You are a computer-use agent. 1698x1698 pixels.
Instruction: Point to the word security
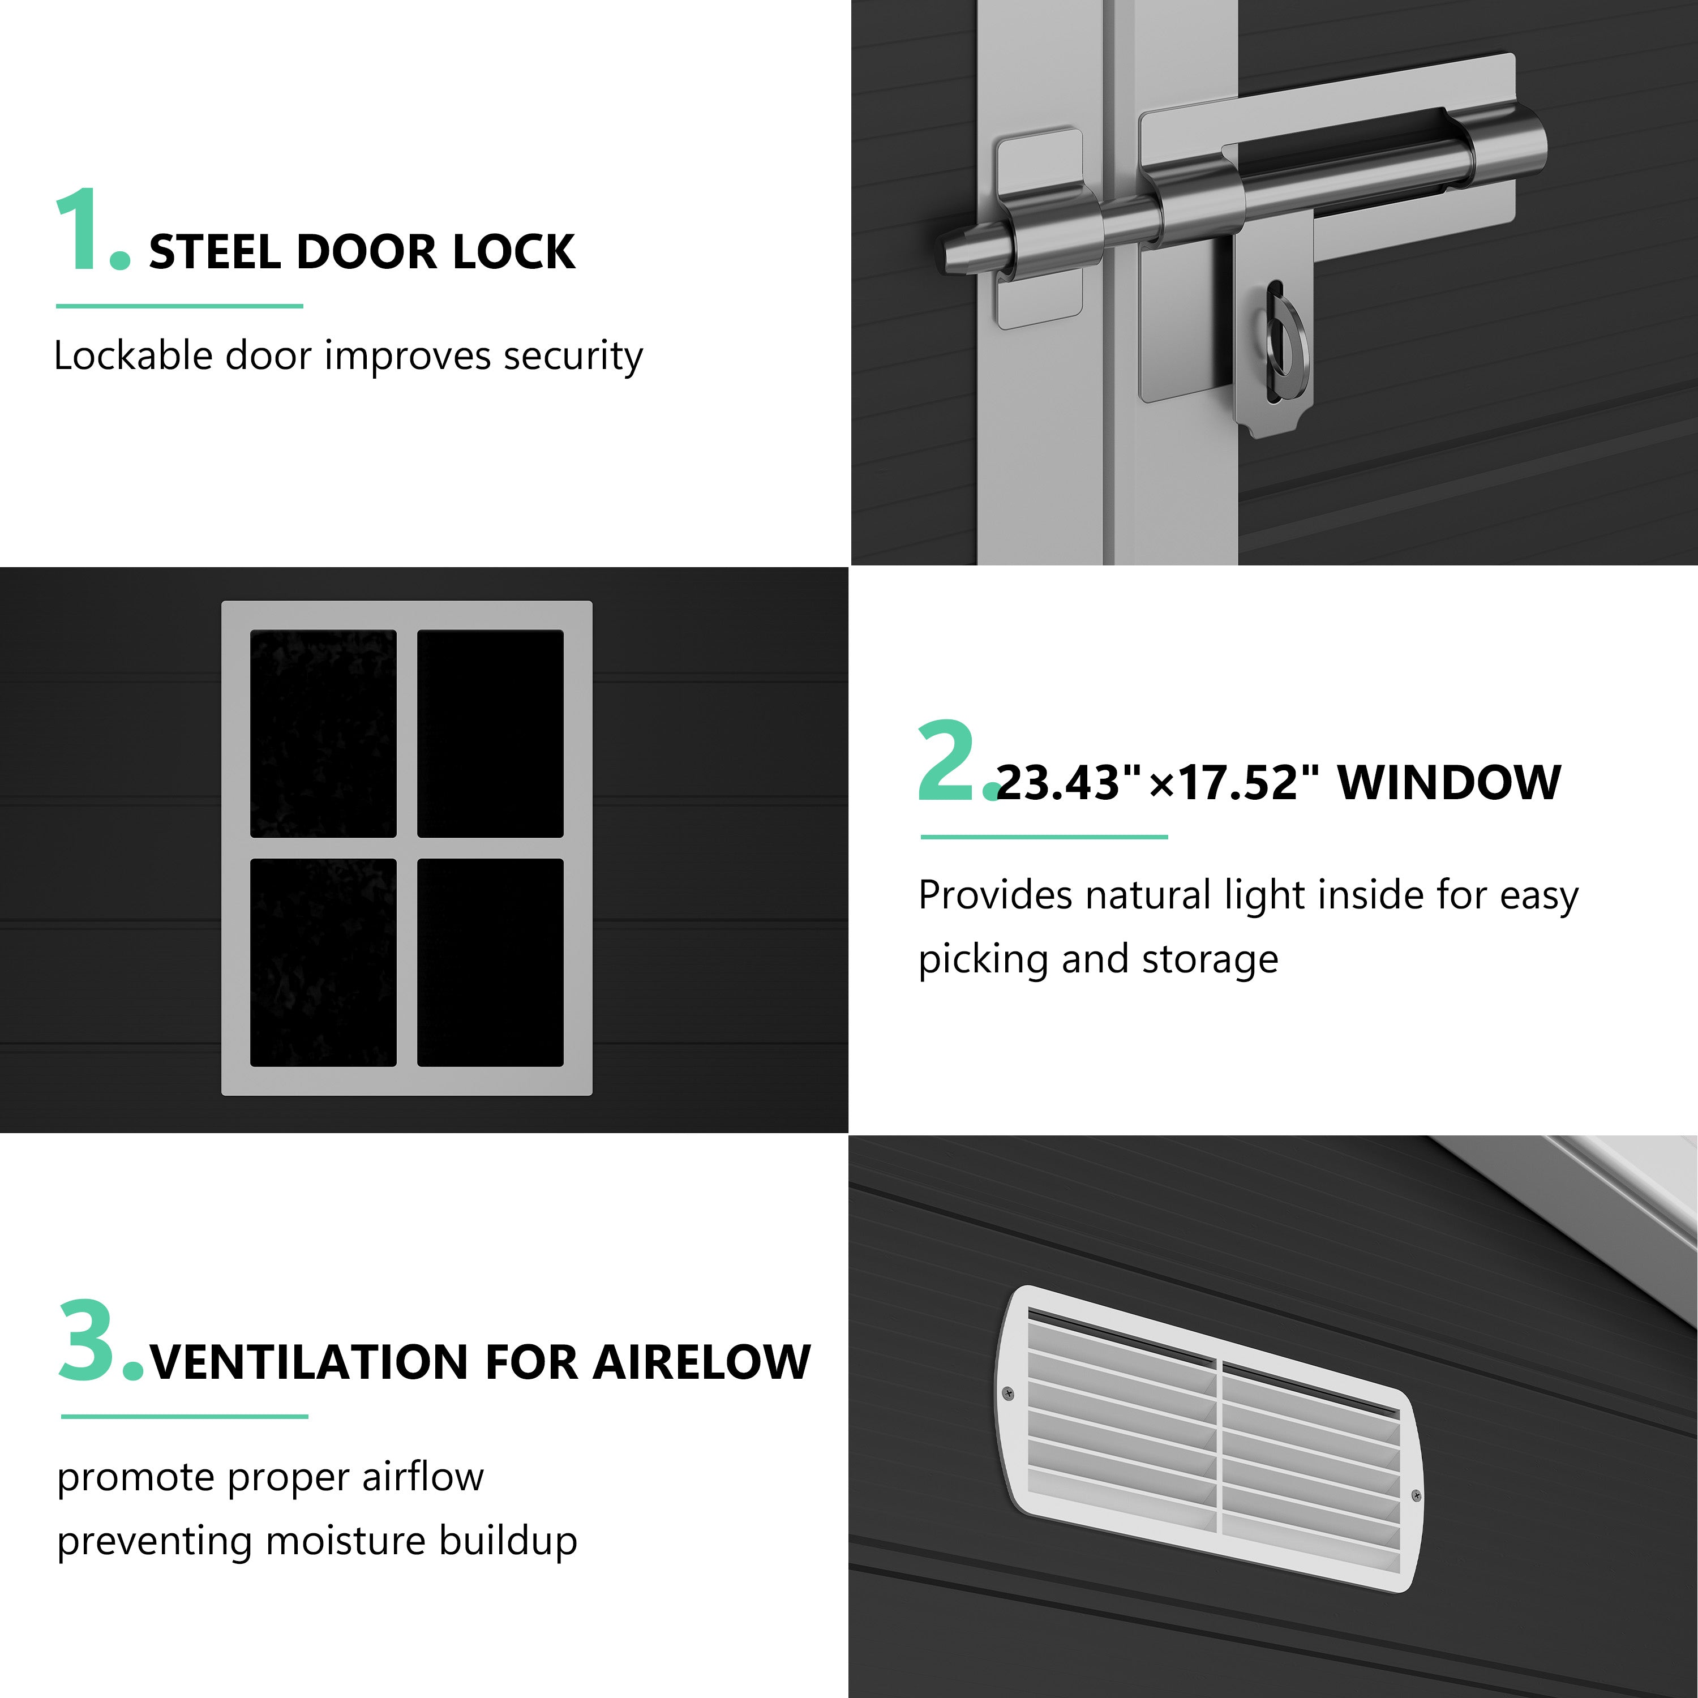point(573,357)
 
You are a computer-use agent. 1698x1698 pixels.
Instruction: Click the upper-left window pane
point(323,734)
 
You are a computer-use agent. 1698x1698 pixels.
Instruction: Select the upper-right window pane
point(490,734)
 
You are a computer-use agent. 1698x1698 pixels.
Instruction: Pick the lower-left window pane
point(323,962)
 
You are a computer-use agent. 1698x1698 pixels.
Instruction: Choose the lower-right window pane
point(490,962)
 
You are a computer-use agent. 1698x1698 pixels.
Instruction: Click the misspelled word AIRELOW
point(701,1363)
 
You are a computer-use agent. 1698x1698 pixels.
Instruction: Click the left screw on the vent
point(1008,1393)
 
